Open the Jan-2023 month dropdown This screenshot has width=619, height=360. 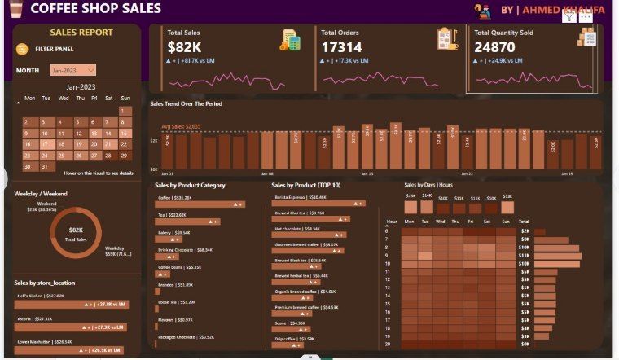(x=72, y=71)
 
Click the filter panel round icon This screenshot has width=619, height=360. (x=22, y=49)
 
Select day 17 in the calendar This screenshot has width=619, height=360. (x=46, y=144)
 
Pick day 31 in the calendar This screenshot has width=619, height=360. (x=46, y=166)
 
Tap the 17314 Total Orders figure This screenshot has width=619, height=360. (x=342, y=48)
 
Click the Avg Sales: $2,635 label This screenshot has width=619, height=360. (x=181, y=126)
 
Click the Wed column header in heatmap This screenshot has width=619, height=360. (x=441, y=221)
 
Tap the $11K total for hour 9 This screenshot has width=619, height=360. (x=525, y=256)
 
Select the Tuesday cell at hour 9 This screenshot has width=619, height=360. (x=425, y=256)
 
